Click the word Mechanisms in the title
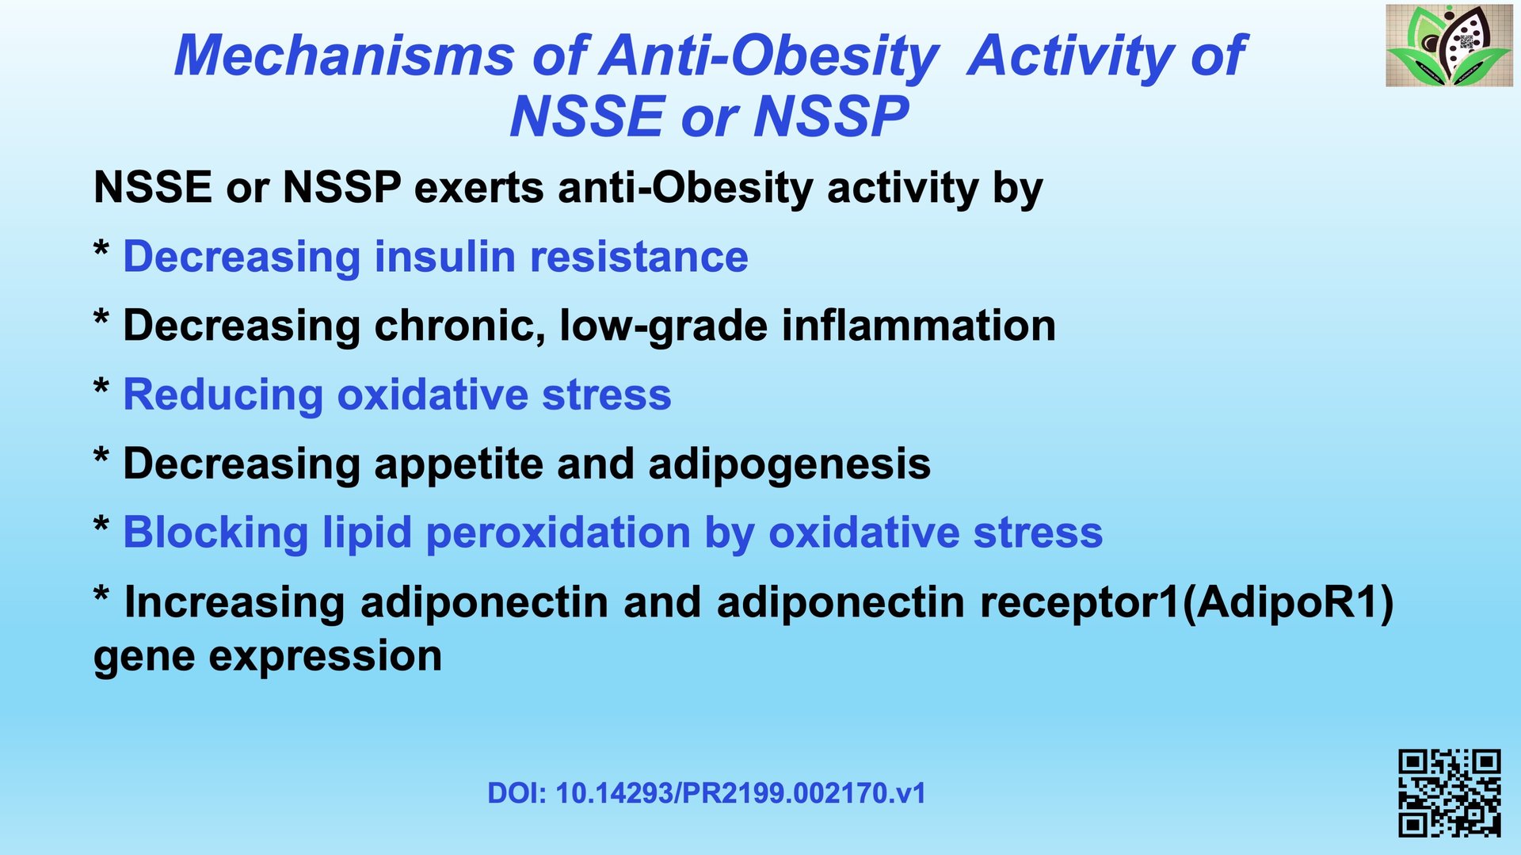tap(345, 55)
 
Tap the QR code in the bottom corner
tap(1450, 793)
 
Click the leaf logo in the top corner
tap(1449, 45)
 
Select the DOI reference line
tap(707, 793)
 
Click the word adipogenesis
tap(790, 465)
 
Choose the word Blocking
tap(216, 533)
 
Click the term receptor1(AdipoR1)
tap(1187, 603)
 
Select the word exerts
tap(479, 189)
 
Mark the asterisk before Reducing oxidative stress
tap(101, 388)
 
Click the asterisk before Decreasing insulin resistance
tap(101, 250)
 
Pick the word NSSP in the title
tap(831, 116)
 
